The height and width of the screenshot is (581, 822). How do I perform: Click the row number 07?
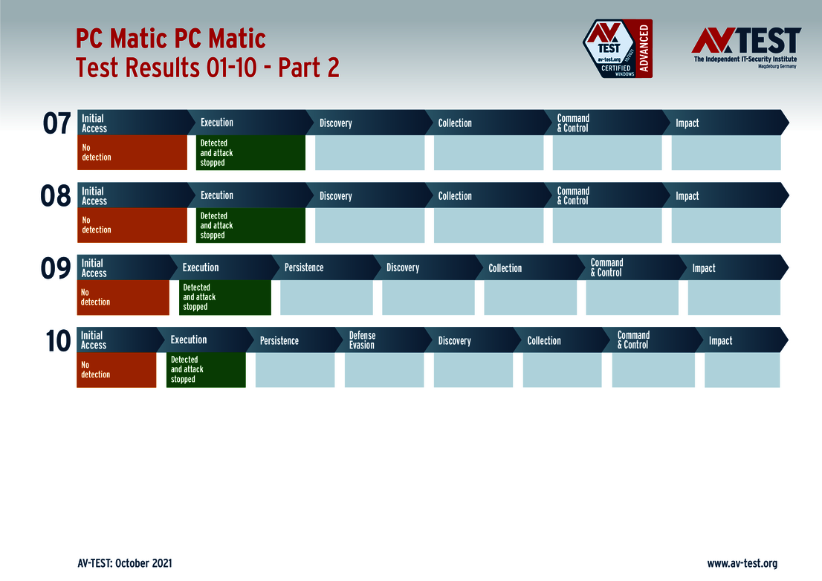tap(56, 124)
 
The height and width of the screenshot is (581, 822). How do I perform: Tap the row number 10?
tap(57, 341)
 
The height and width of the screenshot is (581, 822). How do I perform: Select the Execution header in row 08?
tap(217, 195)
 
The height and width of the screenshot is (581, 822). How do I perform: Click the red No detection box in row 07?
tap(132, 152)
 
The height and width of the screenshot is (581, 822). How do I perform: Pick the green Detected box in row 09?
tap(225, 297)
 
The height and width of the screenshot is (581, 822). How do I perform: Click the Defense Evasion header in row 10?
tap(362, 340)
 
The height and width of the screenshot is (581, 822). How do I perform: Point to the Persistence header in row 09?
tap(304, 267)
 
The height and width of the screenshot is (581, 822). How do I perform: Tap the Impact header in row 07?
tap(687, 123)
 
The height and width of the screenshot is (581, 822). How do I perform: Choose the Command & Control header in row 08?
tap(573, 195)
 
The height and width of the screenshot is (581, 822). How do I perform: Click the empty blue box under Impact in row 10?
tap(742, 370)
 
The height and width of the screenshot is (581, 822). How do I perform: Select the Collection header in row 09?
tap(505, 268)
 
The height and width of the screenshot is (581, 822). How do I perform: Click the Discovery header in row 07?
tap(336, 123)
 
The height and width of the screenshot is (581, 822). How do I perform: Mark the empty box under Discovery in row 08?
tap(369, 225)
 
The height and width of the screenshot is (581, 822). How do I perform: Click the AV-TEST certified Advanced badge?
tap(617, 49)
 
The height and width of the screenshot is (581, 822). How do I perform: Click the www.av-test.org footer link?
tap(742, 563)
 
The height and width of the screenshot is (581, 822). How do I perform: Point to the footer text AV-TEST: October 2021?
tap(125, 563)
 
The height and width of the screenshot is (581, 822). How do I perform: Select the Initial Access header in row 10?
tap(94, 340)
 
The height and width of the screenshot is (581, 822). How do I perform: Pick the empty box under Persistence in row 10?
tap(295, 370)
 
